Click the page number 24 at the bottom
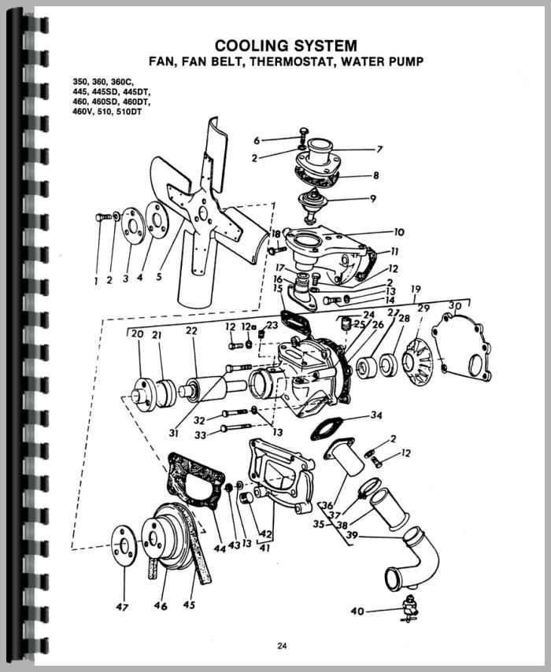(x=282, y=647)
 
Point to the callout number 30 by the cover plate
(x=454, y=306)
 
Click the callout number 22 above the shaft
(x=190, y=330)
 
